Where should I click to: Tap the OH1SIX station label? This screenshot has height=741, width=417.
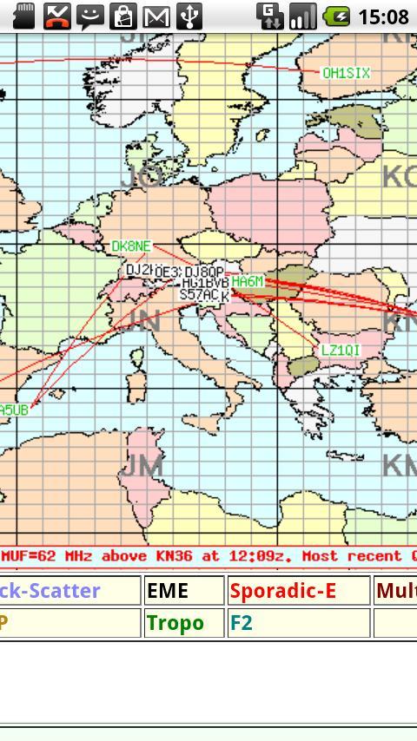(x=346, y=74)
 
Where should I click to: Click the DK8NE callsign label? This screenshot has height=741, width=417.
(x=131, y=246)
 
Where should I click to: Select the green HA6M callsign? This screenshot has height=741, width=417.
(x=248, y=282)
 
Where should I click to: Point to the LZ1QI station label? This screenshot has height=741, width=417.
(x=341, y=351)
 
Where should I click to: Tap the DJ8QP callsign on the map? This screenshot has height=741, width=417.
(x=205, y=272)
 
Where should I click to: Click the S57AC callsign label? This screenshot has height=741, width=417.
(x=199, y=295)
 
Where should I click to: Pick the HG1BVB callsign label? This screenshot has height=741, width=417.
(x=205, y=283)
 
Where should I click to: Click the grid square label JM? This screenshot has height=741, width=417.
(x=142, y=466)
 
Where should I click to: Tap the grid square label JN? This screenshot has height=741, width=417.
(x=142, y=322)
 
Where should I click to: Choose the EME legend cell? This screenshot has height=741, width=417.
(x=184, y=591)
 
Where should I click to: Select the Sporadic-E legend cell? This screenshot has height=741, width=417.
(x=299, y=591)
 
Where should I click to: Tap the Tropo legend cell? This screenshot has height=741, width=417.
(x=184, y=623)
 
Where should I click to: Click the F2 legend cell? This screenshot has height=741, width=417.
(x=299, y=623)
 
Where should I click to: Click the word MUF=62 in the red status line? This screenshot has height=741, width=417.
(x=29, y=556)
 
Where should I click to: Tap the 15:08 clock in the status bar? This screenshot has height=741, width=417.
(x=382, y=16)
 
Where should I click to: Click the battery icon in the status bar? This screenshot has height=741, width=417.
(x=336, y=16)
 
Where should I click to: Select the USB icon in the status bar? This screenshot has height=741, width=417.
(x=189, y=16)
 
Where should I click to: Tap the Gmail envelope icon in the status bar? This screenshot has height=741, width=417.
(x=156, y=16)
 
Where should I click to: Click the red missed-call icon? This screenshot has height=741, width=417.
(x=57, y=16)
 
